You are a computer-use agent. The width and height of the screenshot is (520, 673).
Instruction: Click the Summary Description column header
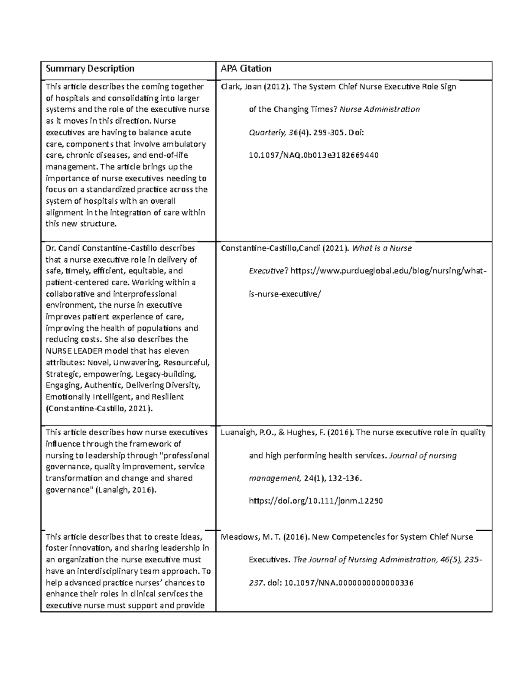tap(90, 68)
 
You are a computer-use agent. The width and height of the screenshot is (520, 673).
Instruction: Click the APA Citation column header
tap(246, 68)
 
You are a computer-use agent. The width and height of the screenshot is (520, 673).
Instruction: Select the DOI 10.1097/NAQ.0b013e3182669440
tap(313, 155)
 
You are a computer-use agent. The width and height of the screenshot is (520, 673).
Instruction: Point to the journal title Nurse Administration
tap(380, 109)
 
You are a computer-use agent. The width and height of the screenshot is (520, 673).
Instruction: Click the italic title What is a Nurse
tap(382, 248)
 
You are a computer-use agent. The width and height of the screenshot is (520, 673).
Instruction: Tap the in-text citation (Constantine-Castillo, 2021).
tap(99, 408)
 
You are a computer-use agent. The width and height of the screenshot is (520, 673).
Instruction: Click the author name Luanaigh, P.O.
tap(245, 432)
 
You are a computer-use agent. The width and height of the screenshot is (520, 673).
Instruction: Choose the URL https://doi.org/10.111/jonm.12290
tap(315, 501)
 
